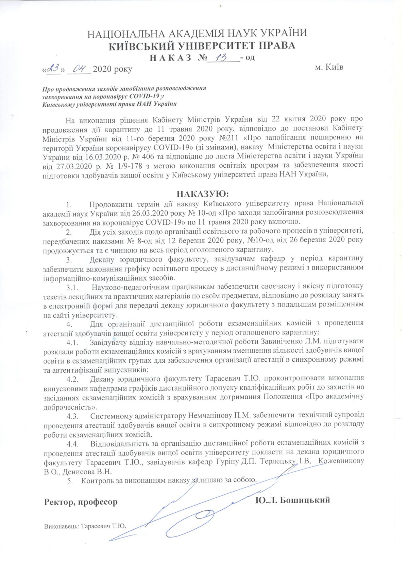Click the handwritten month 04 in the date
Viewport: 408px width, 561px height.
pos(79,69)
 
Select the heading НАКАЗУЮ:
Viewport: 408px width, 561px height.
pos(203,194)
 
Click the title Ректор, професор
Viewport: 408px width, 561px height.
pos(81,502)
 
